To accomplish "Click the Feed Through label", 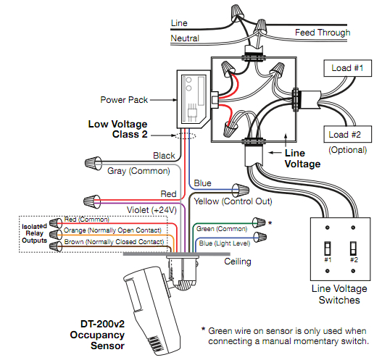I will pyautogui.click(x=323, y=33).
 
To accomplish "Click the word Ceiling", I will pyautogui.click(x=239, y=260).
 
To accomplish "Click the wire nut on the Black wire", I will pyautogui.click(x=94, y=160).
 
